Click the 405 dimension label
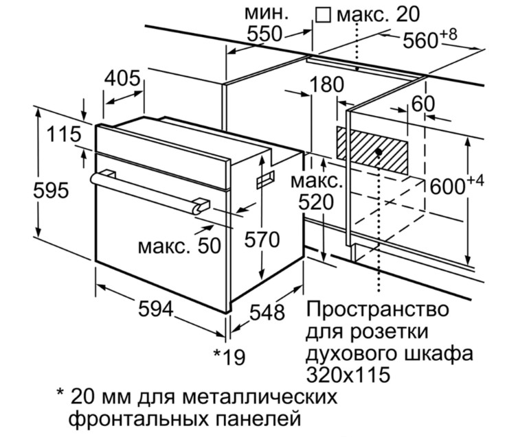(x=124, y=78)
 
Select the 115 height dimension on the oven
(x=65, y=133)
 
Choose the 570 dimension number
(x=262, y=239)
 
